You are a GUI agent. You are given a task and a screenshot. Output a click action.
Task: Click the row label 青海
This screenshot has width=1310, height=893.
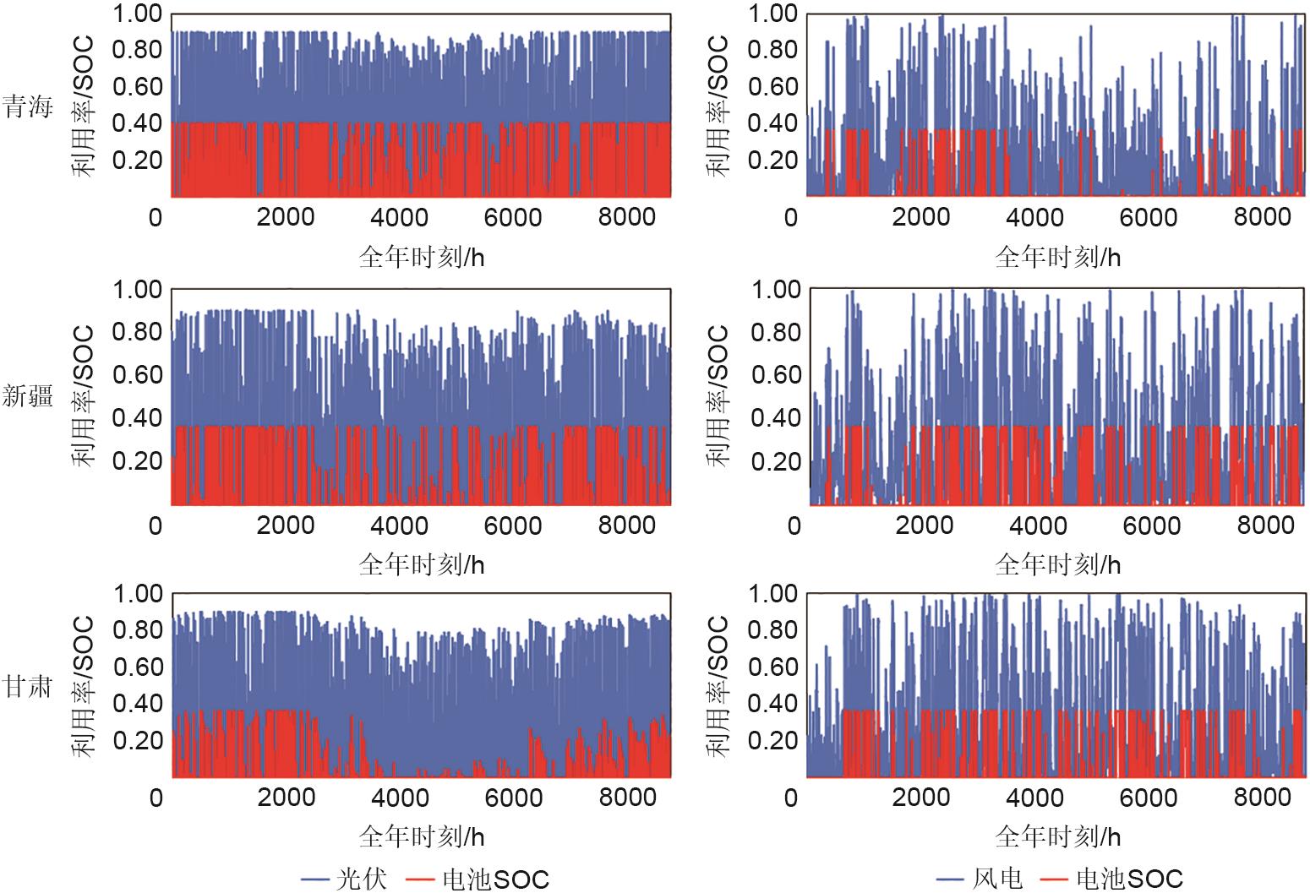pyautogui.click(x=27, y=107)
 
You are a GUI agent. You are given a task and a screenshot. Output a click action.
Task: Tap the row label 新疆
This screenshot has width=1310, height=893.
pyautogui.click(x=27, y=395)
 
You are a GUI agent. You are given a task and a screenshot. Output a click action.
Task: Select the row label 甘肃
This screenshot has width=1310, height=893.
pyautogui.click(x=27, y=686)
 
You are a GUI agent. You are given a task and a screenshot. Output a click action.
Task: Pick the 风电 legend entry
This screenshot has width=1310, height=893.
pyautogui.click(x=998, y=879)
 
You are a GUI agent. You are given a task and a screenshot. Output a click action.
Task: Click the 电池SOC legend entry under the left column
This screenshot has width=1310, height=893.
pyautogui.click(x=495, y=879)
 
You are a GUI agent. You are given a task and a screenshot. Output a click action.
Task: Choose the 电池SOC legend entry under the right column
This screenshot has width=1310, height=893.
pyautogui.click(x=1129, y=879)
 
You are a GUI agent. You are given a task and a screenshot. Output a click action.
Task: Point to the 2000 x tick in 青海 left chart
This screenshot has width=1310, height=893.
pyautogui.click(x=286, y=217)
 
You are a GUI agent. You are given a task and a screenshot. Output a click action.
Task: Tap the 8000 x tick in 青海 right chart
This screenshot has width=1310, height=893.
pyautogui.click(x=1263, y=217)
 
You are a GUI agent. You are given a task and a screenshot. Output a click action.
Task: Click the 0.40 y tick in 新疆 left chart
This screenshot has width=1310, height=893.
pyautogui.click(x=138, y=418)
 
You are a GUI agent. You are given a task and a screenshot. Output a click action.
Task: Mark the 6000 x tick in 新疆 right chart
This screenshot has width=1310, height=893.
pyautogui.click(x=1151, y=525)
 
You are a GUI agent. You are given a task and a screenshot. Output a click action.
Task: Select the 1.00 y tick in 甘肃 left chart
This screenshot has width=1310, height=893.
pyautogui.click(x=138, y=594)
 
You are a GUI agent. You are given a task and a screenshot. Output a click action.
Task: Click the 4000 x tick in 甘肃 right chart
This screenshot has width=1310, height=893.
pyautogui.click(x=1036, y=798)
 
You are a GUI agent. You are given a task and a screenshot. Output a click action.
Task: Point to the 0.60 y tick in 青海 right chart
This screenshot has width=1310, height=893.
pyautogui.click(x=772, y=86)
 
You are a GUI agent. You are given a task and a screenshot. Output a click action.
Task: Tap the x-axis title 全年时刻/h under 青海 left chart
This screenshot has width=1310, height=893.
pyautogui.click(x=422, y=257)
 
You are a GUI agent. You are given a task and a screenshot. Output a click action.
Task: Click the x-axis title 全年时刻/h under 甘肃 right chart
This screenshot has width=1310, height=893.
pyautogui.click(x=1057, y=836)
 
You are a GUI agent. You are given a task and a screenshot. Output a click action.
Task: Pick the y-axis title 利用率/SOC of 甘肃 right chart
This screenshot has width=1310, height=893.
pyautogui.click(x=718, y=685)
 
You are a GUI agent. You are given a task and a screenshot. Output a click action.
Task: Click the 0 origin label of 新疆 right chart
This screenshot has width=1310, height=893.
pyautogui.click(x=794, y=525)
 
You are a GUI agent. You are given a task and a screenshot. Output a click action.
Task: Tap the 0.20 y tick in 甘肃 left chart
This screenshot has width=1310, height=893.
pyautogui.click(x=138, y=740)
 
